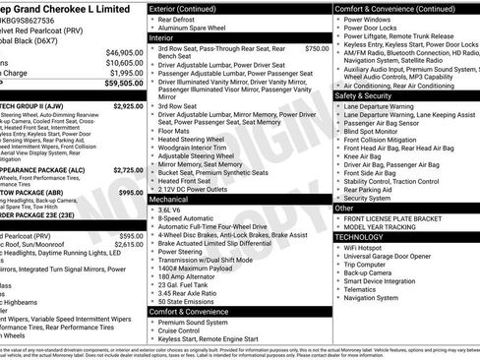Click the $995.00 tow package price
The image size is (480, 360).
pos(131,193)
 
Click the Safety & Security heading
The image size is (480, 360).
pos(363,96)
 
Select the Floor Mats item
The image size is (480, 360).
pos(174,130)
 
